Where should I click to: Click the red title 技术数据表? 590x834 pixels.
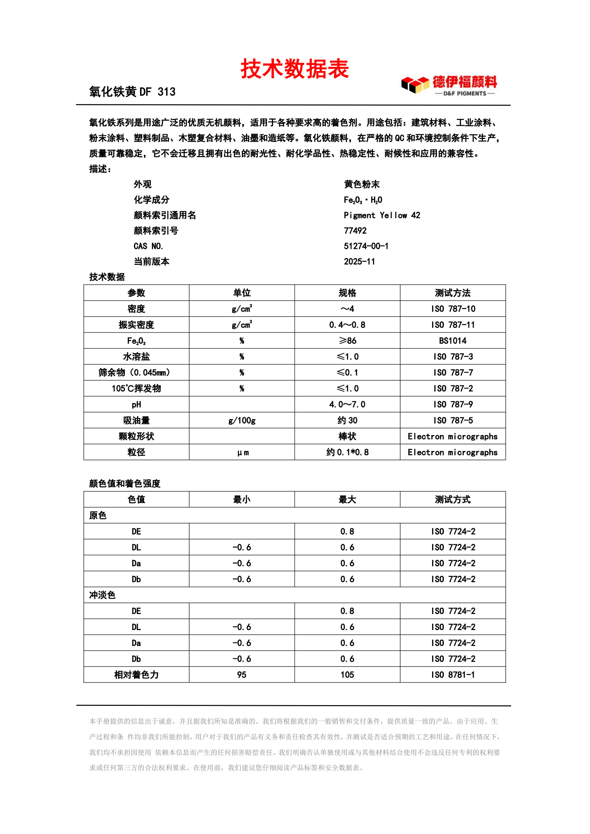click(295, 69)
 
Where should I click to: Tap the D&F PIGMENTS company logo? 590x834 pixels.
click(449, 85)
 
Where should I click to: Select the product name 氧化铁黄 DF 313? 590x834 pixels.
click(132, 92)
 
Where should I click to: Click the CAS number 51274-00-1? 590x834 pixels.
click(366, 246)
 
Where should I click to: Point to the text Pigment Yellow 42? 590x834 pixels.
click(382, 215)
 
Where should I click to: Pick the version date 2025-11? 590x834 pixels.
click(359, 262)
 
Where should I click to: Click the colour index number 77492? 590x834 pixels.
click(355, 231)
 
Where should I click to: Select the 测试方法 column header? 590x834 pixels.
click(453, 293)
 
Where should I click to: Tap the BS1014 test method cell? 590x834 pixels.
click(453, 341)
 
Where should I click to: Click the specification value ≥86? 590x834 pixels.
click(347, 341)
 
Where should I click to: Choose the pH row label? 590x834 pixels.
click(136, 405)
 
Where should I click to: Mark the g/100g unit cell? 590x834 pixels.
click(242, 421)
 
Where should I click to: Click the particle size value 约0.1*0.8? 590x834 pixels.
click(347, 452)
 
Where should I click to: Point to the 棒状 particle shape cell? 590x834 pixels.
click(347, 437)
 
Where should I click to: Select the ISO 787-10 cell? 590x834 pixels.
click(453, 309)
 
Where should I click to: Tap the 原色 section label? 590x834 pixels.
click(98, 515)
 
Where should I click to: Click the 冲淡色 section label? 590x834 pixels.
click(102, 595)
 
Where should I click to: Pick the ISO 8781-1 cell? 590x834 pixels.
click(453, 675)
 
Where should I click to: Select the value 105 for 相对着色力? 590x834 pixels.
click(347, 675)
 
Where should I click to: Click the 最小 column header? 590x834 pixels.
click(242, 500)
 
